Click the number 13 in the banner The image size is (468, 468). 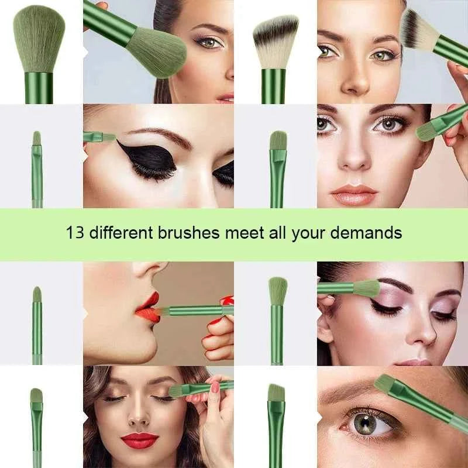(x=74, y=233)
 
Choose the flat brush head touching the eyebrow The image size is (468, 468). (x=386, y=384)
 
